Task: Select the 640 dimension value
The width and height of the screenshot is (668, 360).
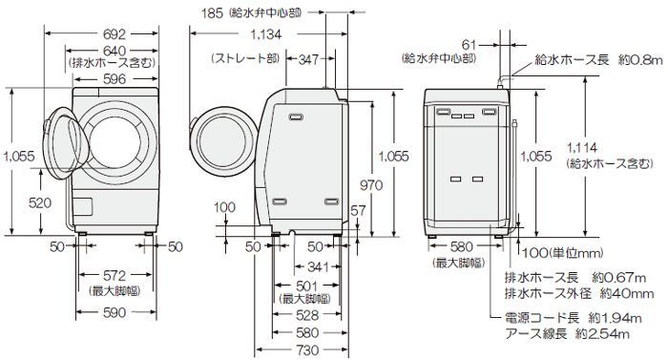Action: point(114,51)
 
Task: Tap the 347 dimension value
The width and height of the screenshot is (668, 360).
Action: point(308,59)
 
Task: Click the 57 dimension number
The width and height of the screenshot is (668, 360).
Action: point(358,209)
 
